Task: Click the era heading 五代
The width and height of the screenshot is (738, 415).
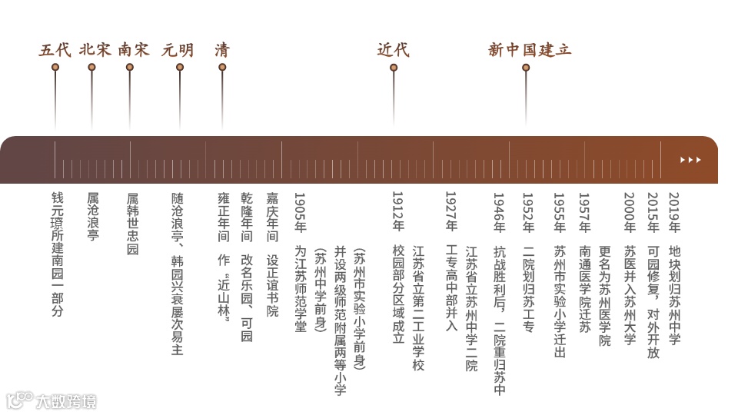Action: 55,51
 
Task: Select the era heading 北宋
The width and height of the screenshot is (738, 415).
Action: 95,51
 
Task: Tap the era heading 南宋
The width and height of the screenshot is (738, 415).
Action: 134,51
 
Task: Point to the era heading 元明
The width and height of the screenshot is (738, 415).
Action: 178,51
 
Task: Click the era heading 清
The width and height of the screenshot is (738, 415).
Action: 222,51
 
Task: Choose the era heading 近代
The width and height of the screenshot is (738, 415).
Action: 393,51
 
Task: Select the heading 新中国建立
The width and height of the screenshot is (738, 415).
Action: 530,51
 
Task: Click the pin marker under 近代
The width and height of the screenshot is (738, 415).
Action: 394,68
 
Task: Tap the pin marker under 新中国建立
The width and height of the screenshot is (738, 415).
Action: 526,68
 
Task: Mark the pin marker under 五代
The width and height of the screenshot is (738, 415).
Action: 55,68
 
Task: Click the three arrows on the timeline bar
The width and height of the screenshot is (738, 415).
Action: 690,160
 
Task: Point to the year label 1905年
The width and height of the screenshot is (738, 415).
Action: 301,212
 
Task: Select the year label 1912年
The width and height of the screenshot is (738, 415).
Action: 397,212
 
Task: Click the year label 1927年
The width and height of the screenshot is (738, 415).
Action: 451,212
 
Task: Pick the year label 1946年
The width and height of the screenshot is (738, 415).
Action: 499,212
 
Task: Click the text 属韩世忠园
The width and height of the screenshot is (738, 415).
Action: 132,224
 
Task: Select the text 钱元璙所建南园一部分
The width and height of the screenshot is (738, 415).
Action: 58,254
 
